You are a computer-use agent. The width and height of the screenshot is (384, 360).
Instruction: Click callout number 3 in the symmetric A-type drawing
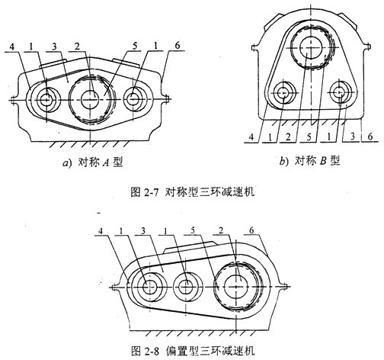point(54,47)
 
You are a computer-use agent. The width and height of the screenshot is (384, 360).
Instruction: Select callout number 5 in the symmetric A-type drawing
point(135,46)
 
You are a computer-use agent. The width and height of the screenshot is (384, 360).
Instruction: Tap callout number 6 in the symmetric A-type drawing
point(178,46)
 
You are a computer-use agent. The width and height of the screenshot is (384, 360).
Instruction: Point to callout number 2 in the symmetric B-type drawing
point(288,137)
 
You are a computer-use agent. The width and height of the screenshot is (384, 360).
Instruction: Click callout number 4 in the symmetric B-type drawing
point(251,137)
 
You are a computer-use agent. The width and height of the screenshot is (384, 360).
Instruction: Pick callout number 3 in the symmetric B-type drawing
point(353,137)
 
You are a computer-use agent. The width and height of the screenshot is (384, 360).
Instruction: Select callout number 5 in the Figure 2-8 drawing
point(193,230)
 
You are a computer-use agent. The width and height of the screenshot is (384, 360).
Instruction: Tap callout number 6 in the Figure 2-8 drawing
point(251,230)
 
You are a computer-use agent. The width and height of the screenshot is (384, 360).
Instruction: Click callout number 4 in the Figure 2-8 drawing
point(101,231)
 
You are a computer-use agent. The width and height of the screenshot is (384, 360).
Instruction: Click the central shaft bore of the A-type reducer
point(90,99)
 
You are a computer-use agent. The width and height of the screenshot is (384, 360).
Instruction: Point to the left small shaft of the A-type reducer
point(46,99)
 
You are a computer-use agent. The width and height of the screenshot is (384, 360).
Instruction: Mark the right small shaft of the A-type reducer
point(133,99)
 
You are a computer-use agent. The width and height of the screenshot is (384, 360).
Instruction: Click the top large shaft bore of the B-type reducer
point(312,47)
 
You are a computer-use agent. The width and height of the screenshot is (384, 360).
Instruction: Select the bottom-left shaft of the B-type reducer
point(283,93)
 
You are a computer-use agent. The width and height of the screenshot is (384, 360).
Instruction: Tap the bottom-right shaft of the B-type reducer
point(339,92)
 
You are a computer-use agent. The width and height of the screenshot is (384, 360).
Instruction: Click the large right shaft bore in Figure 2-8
point(236,287)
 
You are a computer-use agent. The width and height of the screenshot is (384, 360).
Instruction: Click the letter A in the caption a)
point(106,162)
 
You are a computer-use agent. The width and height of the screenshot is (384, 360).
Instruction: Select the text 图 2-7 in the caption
point(145,192)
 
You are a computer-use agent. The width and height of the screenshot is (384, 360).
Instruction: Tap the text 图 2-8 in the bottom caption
point(146,351)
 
